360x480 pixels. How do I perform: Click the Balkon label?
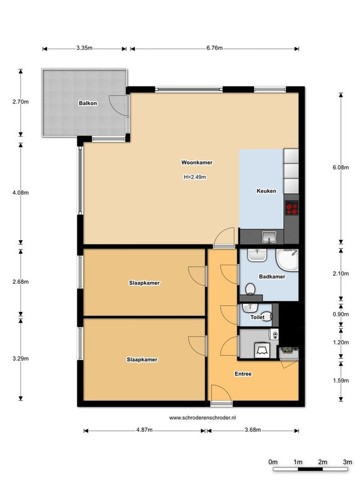[x=88, y=103]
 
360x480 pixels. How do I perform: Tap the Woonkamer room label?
[x=197, y=163]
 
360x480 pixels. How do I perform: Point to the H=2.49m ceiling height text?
[x=195, y=177]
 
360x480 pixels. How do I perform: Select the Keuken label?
[x=266, y=191]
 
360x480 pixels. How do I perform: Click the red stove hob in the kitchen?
[x=292, y=208]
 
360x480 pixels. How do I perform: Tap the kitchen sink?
[x=269, y=237]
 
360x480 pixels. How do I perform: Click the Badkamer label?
[x=272, y=277]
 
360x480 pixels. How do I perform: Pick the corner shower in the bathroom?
[x=287, y=260]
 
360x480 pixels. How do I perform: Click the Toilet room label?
[x=257, y=317]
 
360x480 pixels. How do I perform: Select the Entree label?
[x=243, y=374]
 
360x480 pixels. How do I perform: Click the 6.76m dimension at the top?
[x=215, y=48]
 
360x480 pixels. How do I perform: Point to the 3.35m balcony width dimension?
[x=85, y=48]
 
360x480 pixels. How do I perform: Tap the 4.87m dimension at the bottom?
[x=145, y=430]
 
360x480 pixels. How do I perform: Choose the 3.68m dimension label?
[x=253, y=430]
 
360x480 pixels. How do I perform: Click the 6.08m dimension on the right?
[x=341, y=167]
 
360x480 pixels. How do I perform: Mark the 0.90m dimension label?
[x=341, y=314]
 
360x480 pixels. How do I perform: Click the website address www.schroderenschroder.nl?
[x=202, y=418]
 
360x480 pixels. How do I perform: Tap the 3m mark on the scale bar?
[x=347, y=462]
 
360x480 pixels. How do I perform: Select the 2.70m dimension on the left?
[x=20, y=101]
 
